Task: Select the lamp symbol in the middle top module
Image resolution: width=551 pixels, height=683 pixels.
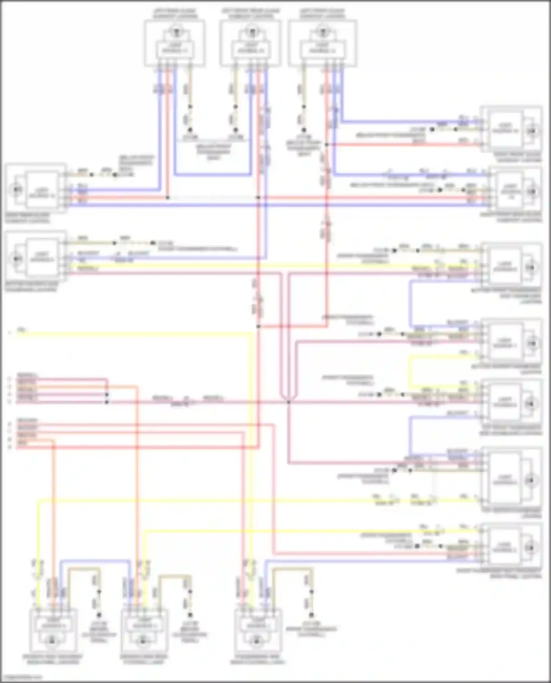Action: pyautogui.click(x=252, y=31)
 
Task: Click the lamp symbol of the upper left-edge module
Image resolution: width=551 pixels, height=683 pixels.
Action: pyautogui.click(x=17, y=190)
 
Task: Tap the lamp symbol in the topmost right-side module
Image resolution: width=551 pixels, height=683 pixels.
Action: pyautogui.click(x=532, y=131)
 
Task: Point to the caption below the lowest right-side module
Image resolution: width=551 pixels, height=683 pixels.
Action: pyautogui.click(x=499, y=573)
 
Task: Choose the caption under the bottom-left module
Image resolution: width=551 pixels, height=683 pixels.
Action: pyautogui.click(x=53, y=659)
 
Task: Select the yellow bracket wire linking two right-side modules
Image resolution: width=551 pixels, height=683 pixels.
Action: pyautogui.click(x=411, y=371)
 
